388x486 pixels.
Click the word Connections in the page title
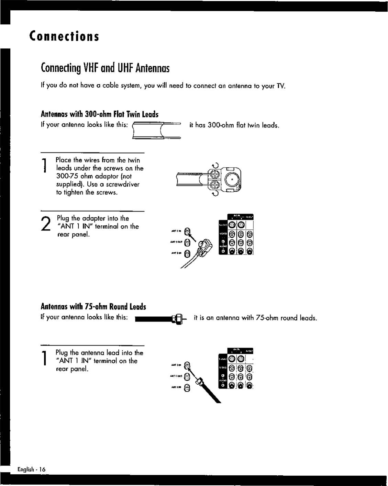(x=64, y=36)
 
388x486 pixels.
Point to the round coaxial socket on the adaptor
(x=232, y=180)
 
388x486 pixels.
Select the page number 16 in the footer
(x=42, y=470)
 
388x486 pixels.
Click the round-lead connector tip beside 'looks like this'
(x=179, y=320)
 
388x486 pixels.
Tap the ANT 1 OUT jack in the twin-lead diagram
(x=187, y=242)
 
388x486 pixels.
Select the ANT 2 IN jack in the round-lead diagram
(x=187, y=388)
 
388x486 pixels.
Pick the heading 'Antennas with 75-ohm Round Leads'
(x=93, y=306)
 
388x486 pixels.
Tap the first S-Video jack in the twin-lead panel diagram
(x=232, y=225)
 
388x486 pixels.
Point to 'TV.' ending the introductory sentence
(x=281, y=86)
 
